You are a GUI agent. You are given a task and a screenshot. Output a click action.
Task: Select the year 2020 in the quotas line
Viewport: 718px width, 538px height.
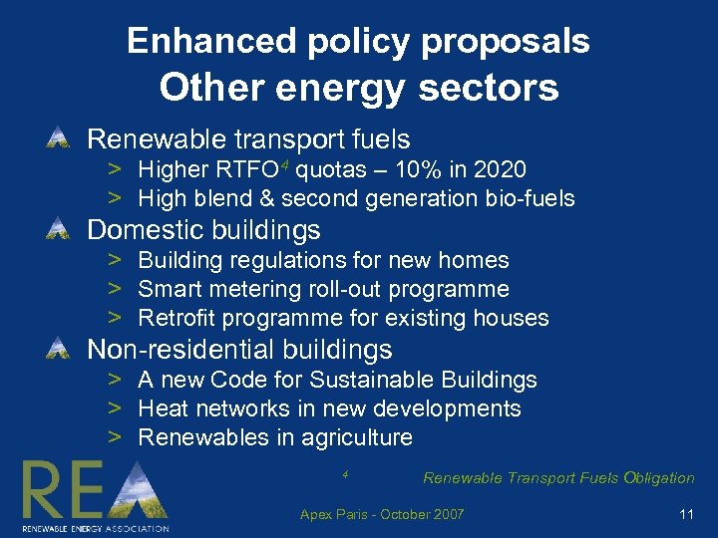click(500, 170)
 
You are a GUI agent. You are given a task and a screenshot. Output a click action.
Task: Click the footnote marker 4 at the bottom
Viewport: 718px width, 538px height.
click(344, 473)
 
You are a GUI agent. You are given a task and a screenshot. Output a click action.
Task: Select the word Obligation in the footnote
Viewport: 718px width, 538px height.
click(659, 478)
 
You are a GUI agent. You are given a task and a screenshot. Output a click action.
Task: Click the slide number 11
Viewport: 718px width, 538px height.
click(685, 514)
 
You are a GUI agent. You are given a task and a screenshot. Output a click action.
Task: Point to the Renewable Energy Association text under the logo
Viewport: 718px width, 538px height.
click(96, 527)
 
